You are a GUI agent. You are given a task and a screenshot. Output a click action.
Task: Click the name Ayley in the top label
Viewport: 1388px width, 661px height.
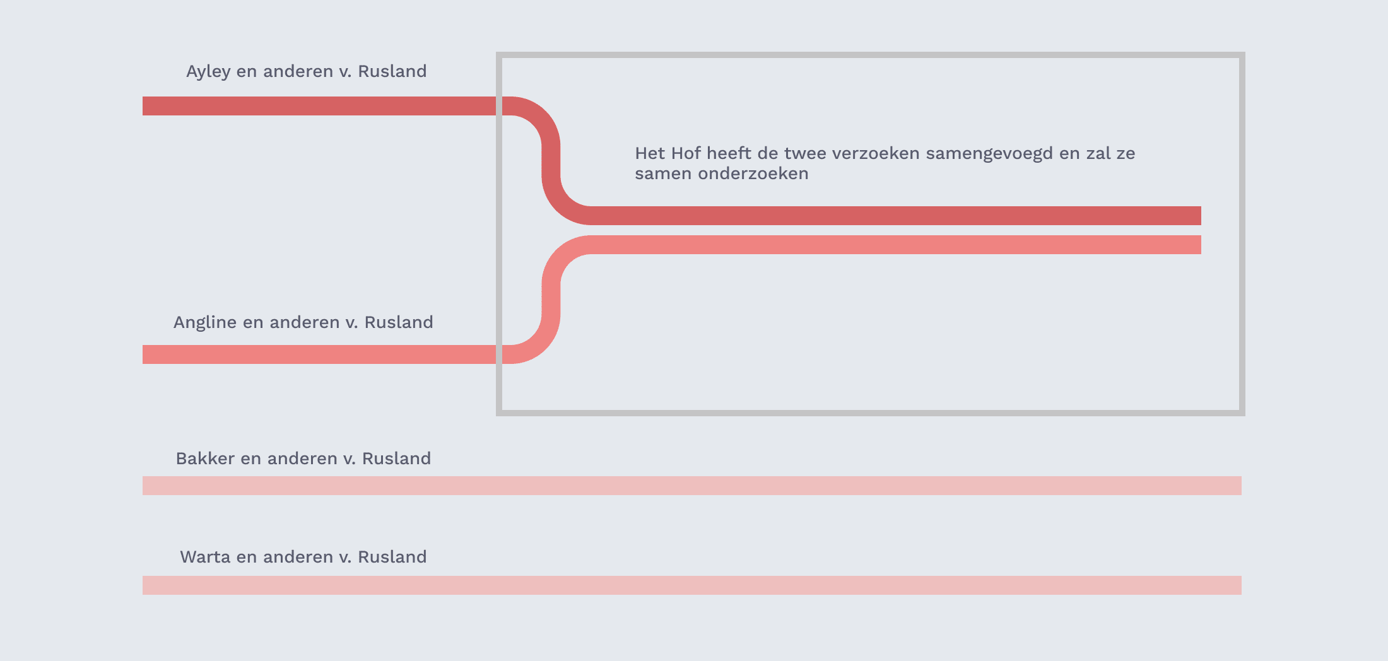click(x=208, y=72)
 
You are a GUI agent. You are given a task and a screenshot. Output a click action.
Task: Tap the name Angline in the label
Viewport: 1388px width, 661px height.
click(x=205, y=323)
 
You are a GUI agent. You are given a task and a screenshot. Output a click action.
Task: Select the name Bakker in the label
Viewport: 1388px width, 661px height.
click(x=203, y=459)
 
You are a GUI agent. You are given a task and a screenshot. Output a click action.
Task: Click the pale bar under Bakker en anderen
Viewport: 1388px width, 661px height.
click(x=692, y=486)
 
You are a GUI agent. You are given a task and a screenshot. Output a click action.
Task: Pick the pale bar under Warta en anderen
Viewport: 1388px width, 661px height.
click(x=692, y=585)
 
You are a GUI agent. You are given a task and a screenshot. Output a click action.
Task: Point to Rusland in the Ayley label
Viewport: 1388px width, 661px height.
click(x=392, y=71)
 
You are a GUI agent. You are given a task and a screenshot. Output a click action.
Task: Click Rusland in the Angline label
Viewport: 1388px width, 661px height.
click(x=399, y=322)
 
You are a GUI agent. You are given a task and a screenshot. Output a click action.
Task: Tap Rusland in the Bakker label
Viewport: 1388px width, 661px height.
click(x=396, y=459)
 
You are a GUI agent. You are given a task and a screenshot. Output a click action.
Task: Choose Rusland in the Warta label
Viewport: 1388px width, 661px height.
click(x=392, y=557)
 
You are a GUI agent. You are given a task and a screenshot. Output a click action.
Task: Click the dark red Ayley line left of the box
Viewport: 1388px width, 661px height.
click(x=319, y=106)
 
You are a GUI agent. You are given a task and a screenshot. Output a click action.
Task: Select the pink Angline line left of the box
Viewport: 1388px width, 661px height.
click(x=319, y=354)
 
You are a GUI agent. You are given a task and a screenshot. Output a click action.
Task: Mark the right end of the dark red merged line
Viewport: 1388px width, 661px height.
click(x=1201, y=216)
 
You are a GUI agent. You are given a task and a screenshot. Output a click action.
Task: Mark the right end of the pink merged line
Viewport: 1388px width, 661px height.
click(x=1201, y=245)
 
